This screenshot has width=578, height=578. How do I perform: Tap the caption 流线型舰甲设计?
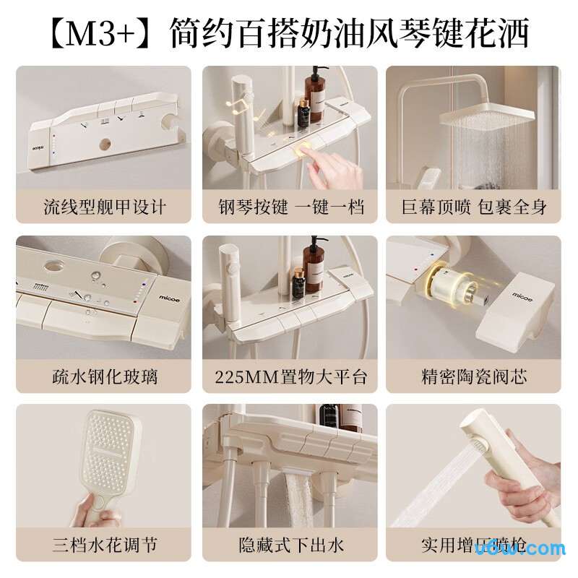coord(104,207)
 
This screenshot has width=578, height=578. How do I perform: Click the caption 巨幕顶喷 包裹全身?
coord(474,207)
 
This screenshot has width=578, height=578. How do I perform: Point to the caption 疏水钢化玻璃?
coord(104,376)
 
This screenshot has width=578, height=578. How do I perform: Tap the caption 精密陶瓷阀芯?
coord(474,376)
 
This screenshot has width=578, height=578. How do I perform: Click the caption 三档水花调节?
coord(104,545)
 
